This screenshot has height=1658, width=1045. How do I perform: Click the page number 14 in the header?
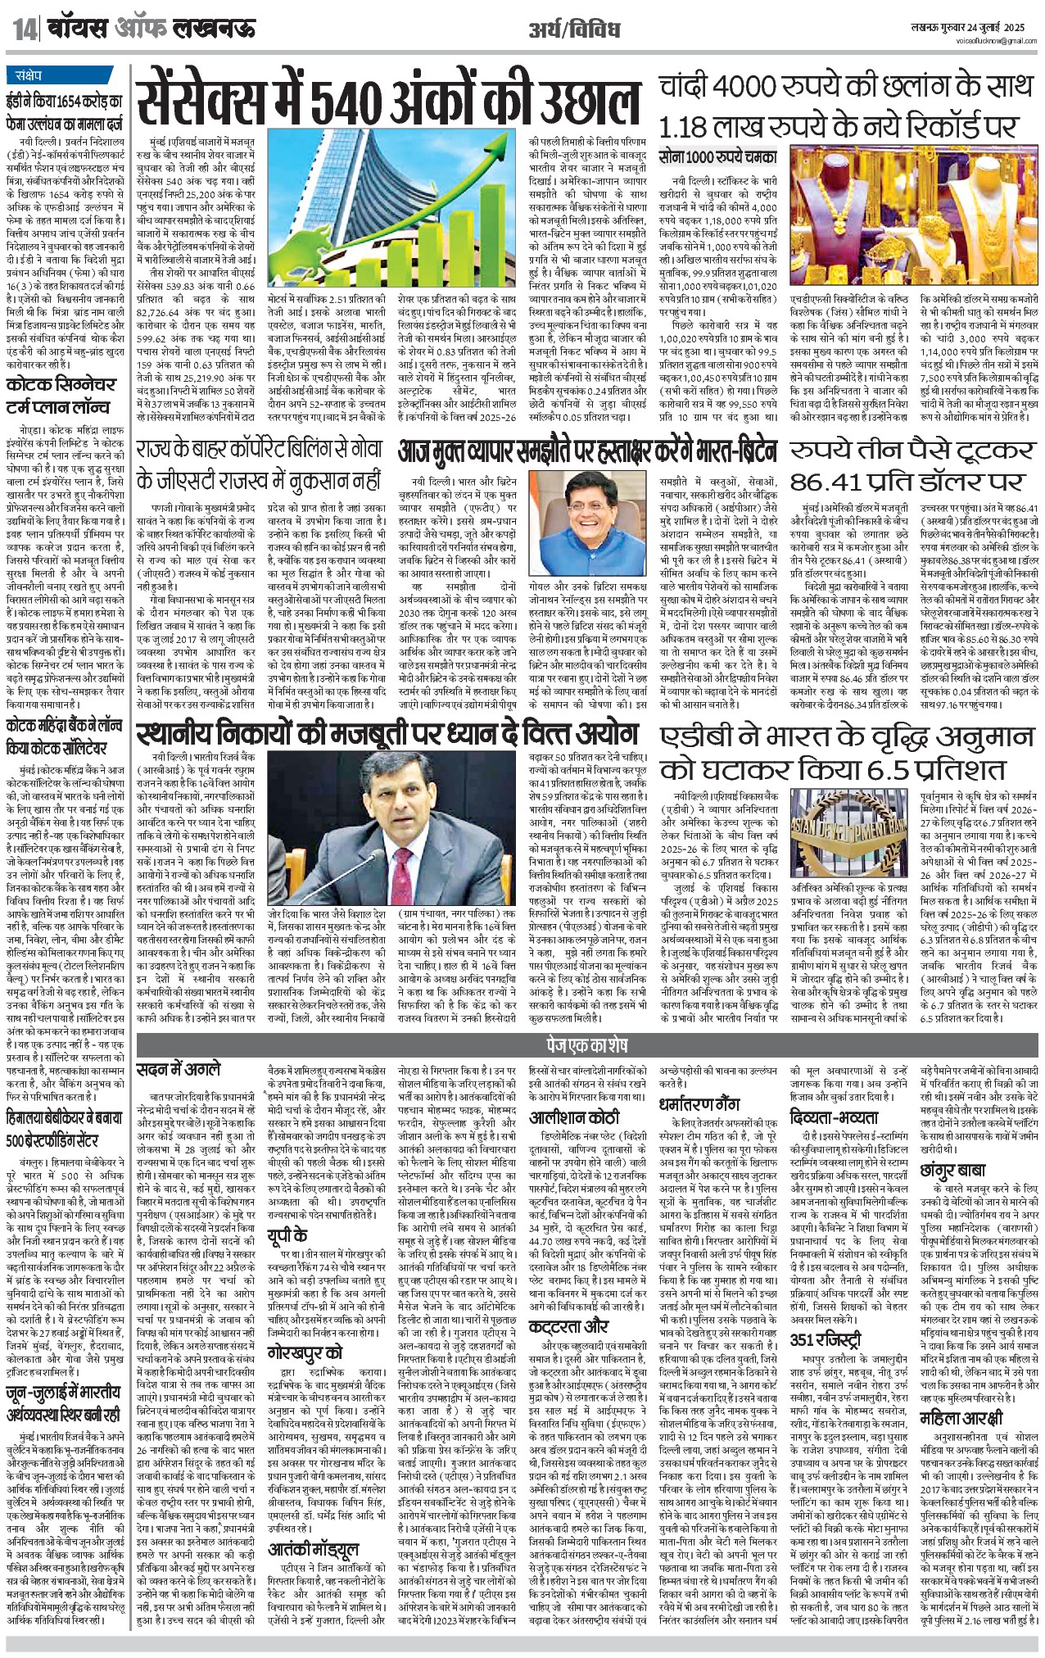[x=25, y=31]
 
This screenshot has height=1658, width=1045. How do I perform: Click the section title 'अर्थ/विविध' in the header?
[x=579, y=30]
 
